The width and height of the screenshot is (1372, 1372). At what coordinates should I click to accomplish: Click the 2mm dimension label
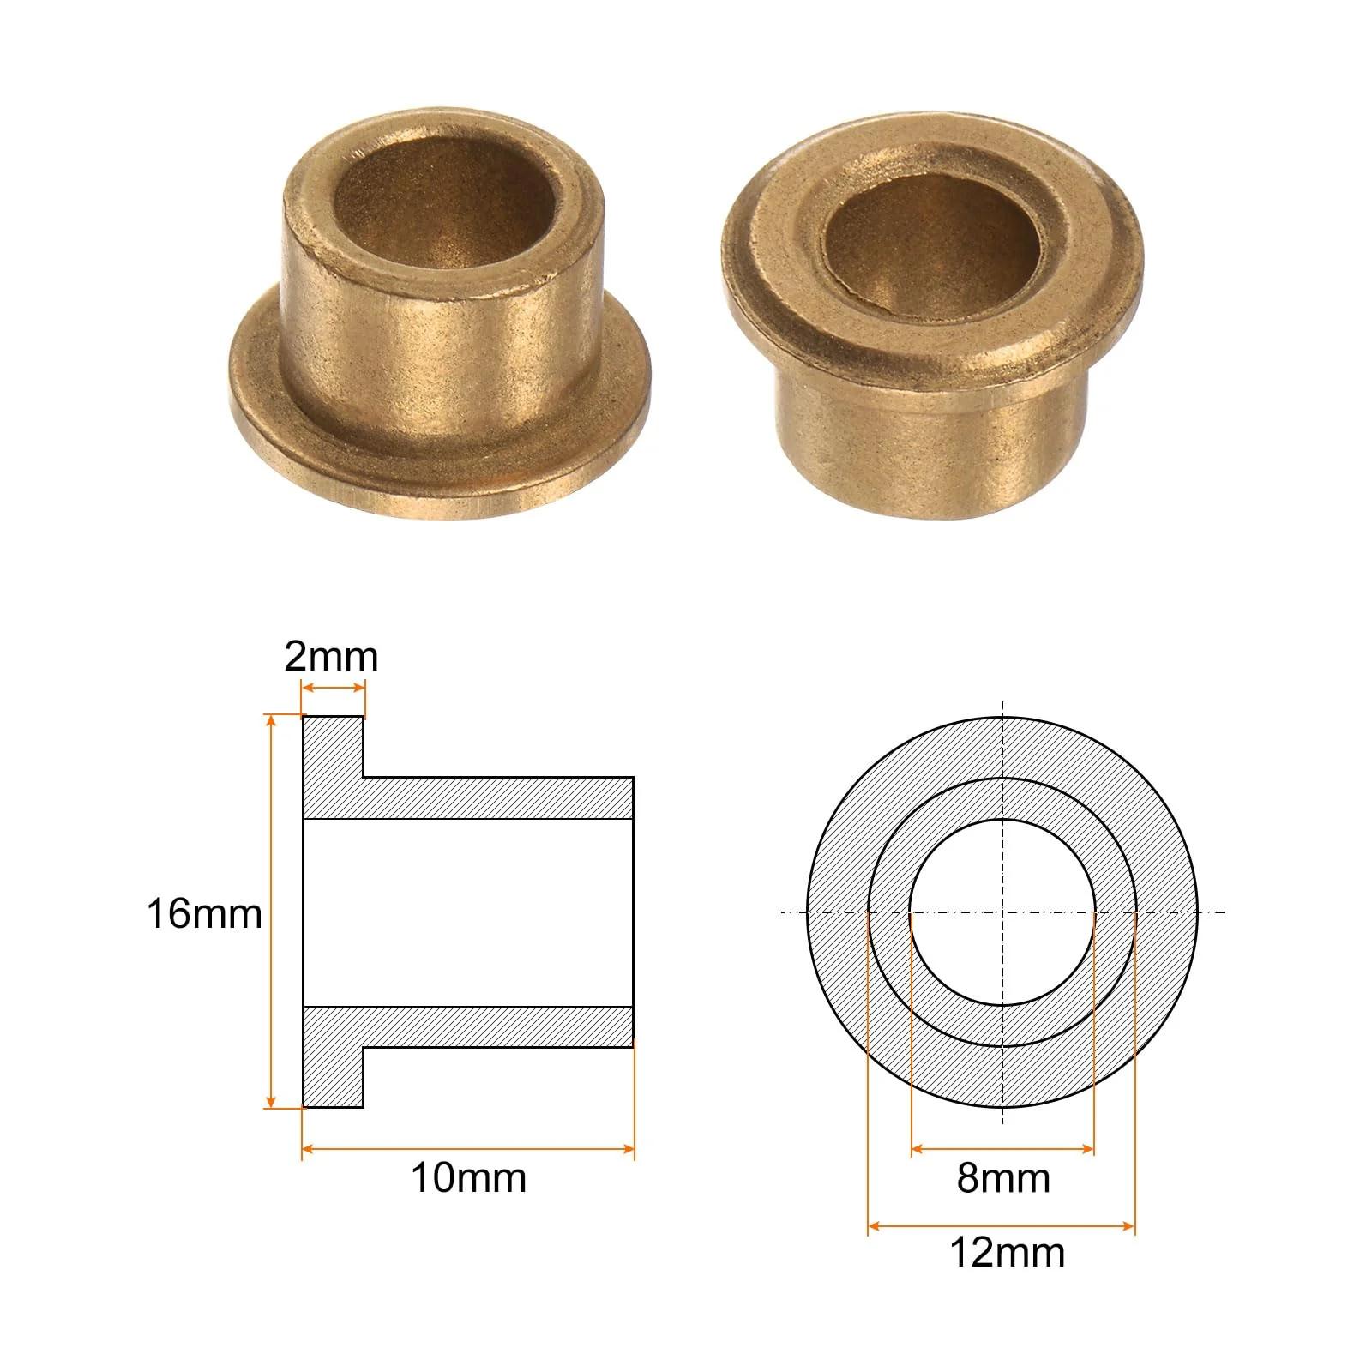[x=331, y=658]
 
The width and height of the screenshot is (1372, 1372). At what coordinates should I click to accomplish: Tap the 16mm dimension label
[x=204, y=913]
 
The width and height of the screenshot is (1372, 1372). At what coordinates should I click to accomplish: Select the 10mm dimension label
[x=468, y=1177]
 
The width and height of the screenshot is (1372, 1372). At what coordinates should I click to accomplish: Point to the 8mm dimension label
[x=1003, y=1177]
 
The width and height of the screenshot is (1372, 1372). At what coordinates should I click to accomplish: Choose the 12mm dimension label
[x=1007, y=1253]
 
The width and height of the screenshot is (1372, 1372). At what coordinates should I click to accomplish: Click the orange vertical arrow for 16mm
[x=273, y=912]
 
